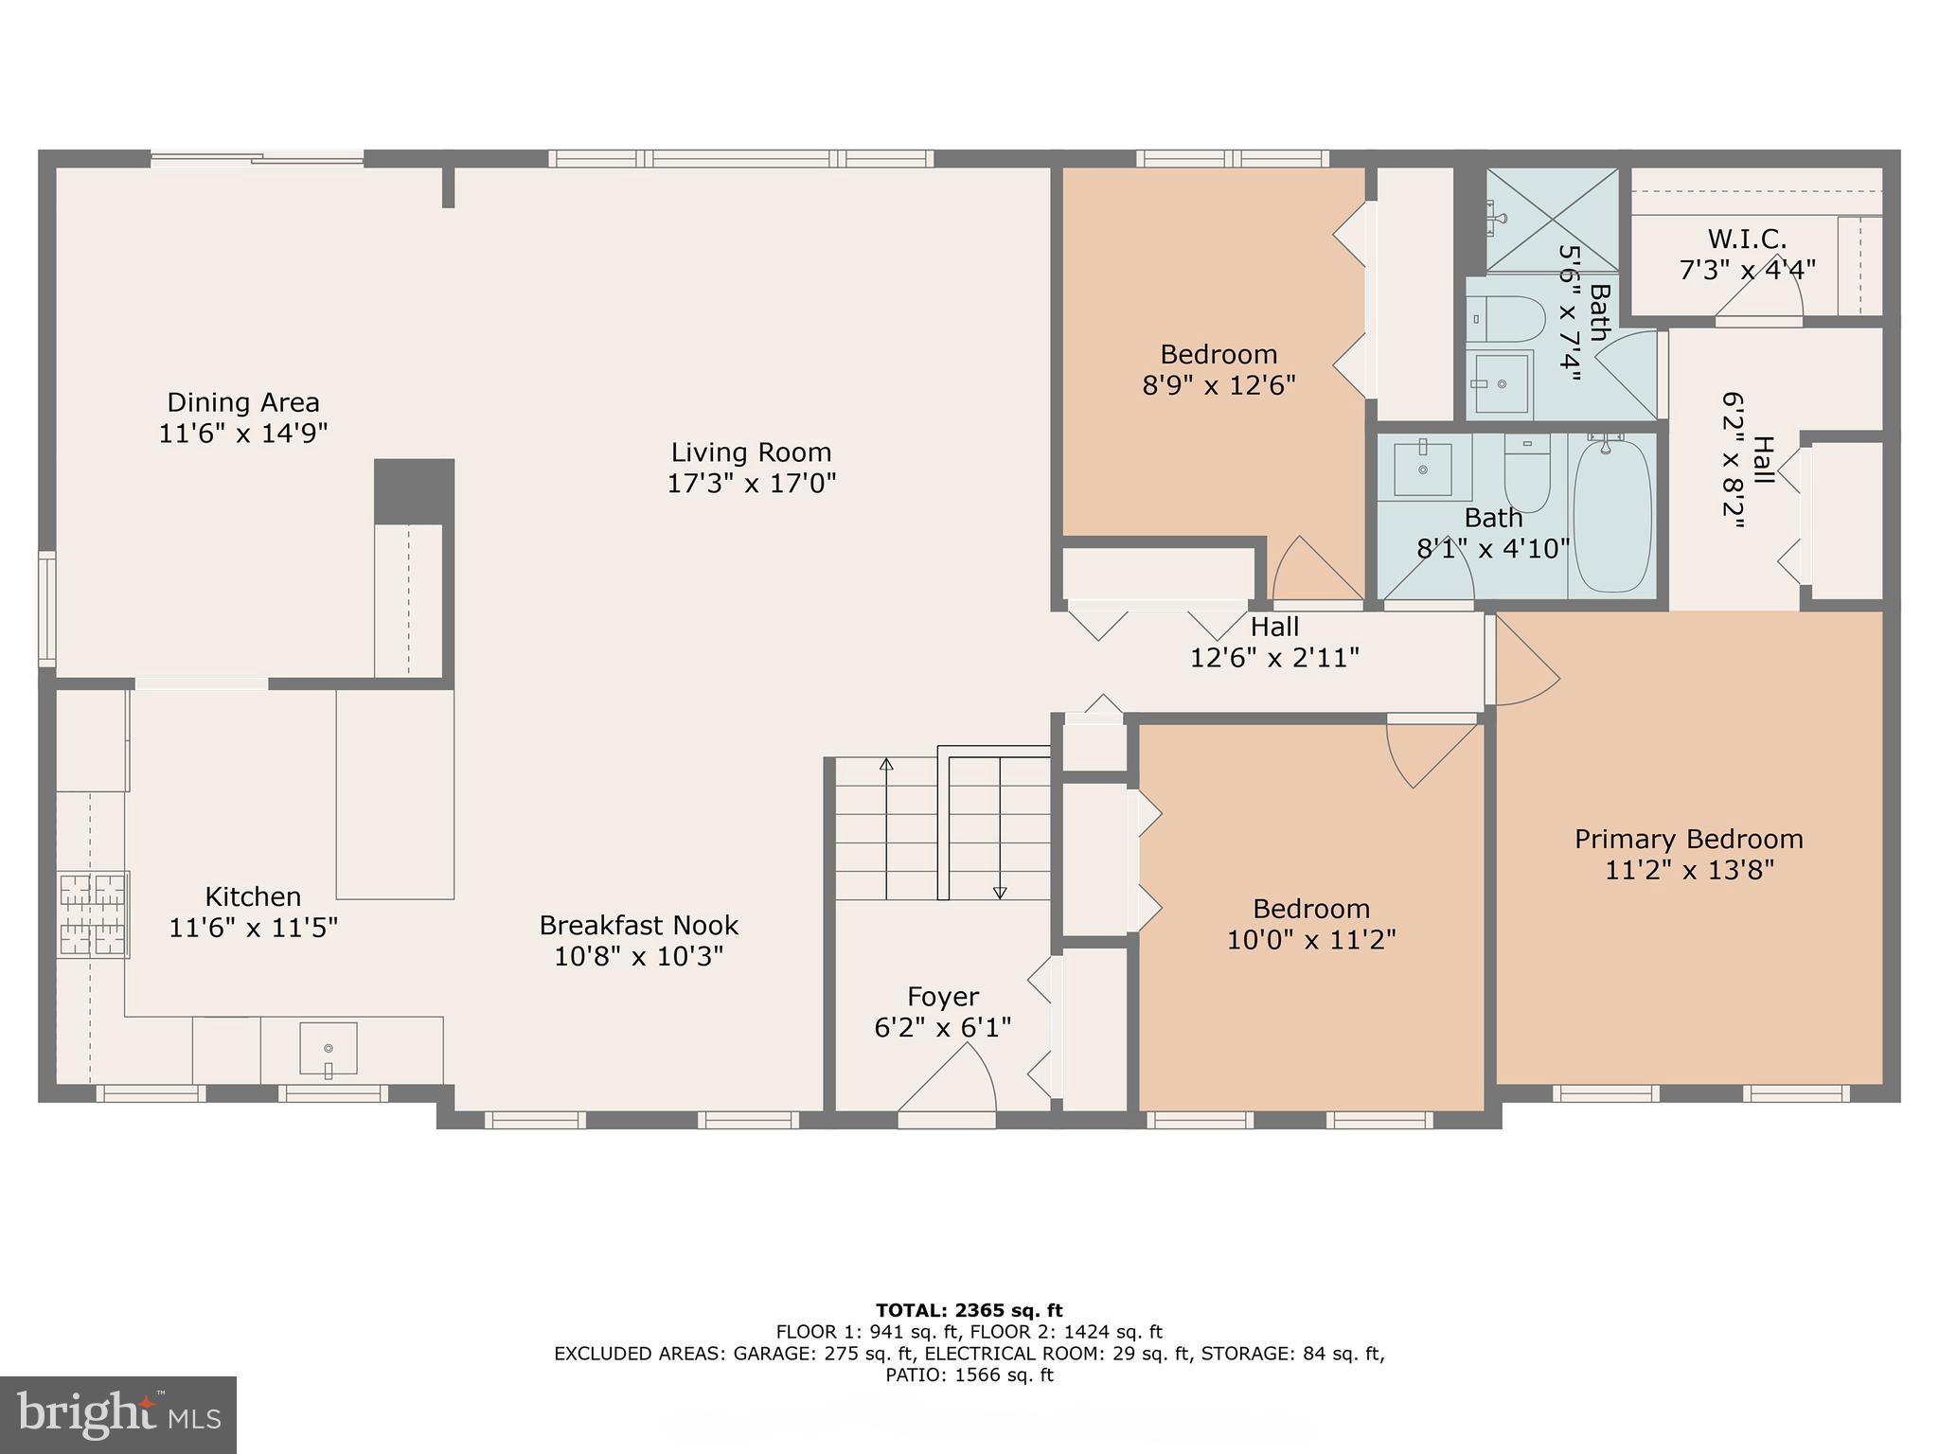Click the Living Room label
coord(751,452)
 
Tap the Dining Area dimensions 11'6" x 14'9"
coord(243,434)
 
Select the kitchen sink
coord(329,1048)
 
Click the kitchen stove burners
coord(93,914)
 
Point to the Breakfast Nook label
coord(639,925)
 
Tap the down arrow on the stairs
coord(1000,891)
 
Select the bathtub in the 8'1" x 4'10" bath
coord(1612,514)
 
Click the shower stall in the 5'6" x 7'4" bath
coord(1552,219)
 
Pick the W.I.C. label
coord(1747,239)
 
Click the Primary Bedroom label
coord(1688,839)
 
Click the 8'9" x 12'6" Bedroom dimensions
coord(1219,385)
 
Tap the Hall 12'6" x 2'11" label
coord(1274,642)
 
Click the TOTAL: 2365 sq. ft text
coord(969,1310)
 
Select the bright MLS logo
coord(118,1414)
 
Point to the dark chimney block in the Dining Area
coord(414,491)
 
